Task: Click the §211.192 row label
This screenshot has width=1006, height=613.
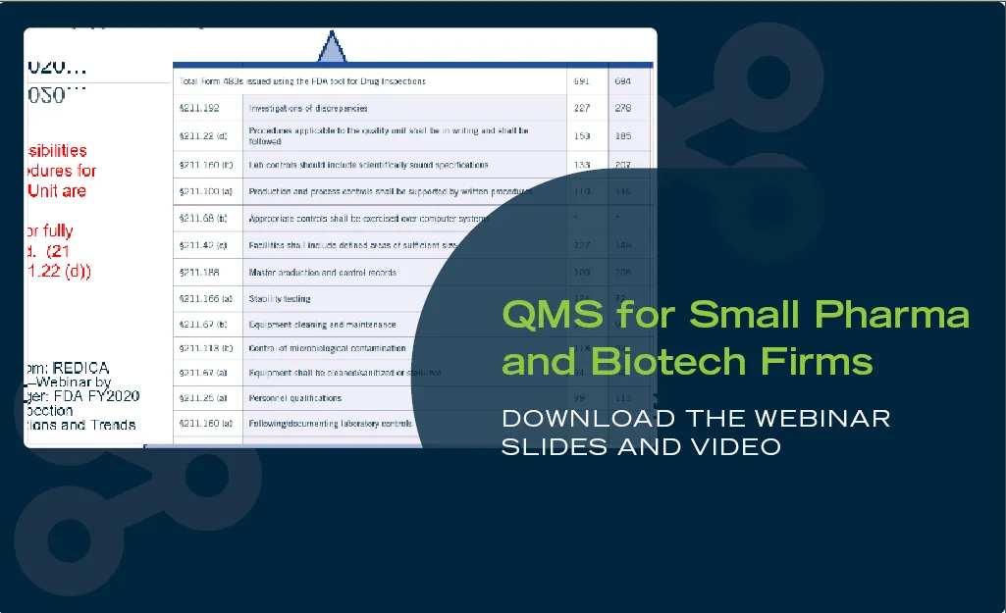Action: click(x=198, y=108)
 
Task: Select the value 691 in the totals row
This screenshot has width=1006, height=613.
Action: click(x=582, y=80)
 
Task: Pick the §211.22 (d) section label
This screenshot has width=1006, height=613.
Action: click(x=202, y=136)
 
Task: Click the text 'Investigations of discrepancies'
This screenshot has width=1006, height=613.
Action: click(x=308, y=108)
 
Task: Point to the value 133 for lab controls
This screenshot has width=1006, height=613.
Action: click(x=582, y=165)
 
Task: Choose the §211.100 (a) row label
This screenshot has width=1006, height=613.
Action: click(x=204, y=192)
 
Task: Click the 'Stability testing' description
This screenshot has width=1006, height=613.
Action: click(x=281, y=297)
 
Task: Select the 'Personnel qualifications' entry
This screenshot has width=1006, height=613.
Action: click(x=295, y=398)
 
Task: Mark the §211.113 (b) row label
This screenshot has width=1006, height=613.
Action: click(x=204, y=347)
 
